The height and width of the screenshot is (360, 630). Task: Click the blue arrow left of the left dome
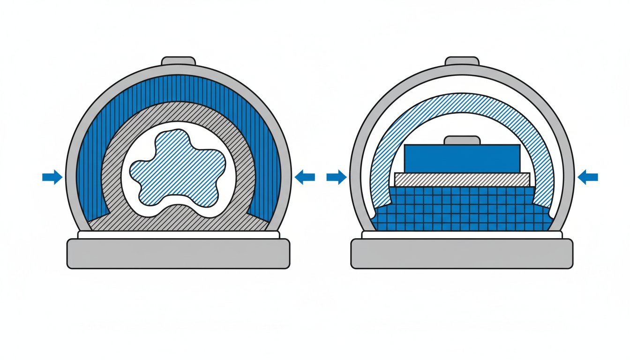[x=52, y=177]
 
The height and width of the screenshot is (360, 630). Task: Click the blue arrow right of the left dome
[x=305, y=177]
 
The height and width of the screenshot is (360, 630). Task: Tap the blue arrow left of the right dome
[x=337, y=177]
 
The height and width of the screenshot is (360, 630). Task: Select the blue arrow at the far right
[x=588, y=177]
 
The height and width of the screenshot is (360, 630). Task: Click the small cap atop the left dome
[x=178, y=61]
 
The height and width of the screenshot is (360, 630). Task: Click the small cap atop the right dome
[x=462, y=61]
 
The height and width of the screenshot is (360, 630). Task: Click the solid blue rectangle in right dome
[x=462, y=158]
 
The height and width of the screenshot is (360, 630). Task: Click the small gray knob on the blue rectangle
[x=462, y=140]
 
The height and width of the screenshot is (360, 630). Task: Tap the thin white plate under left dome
[x=178, y=235]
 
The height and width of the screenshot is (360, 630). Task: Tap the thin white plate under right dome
[x=462, y=235]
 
